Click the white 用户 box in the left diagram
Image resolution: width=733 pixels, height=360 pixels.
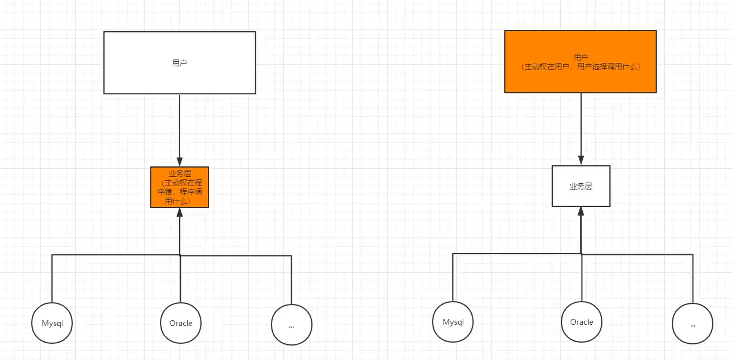tap(180, 63)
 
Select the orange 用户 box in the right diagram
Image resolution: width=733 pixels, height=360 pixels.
tap(581, 61)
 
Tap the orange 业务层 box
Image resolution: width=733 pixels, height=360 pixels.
tap(180, 187)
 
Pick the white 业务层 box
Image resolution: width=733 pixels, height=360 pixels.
tap(581, 186)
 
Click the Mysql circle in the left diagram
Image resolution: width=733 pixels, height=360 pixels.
tap(52, 323)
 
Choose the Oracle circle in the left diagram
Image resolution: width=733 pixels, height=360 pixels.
tap(181, 323)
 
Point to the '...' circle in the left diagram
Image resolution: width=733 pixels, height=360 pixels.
tap(292, 325)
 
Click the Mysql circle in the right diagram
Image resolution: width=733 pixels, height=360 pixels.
tap(453, 322)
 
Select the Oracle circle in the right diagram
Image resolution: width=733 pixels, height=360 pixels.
tap(582, 322)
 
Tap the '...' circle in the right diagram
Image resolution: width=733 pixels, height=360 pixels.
tap(693, 324)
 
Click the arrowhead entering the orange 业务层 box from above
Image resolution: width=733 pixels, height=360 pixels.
tap(180, 162)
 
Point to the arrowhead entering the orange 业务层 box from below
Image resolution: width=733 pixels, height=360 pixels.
tap(180, 213)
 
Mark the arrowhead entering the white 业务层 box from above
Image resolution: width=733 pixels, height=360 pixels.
tap(581, 161)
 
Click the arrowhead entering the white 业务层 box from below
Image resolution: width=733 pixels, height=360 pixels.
tap(581, 211)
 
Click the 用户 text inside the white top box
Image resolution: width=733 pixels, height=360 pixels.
tap(179, 63)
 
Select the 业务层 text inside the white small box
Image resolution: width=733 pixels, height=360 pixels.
tap(581, 186)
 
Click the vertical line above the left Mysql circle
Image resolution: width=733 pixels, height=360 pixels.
tap(52, 279)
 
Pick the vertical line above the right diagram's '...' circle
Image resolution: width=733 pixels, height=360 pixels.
tap(693, 279)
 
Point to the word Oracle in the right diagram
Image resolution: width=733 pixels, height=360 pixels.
tap(582, 322)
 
